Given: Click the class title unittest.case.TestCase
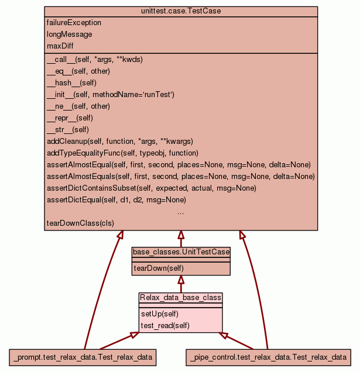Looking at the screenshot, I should click(x=181, y=12).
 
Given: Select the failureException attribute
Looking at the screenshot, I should click(x=74, y=23).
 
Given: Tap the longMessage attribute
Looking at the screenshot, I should click(x=69, y=35).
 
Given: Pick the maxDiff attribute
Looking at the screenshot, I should click(x=60, y=46).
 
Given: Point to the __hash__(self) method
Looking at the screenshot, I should click(x=71, y=83).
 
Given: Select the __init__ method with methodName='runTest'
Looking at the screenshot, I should click(x=111, y=95).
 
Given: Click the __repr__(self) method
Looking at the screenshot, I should click(x=70, y=118).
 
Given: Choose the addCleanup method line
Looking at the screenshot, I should click(x=119, y=142).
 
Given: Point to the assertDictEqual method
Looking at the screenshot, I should click(x=116, y=200).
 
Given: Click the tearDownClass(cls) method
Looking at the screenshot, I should click(x=80, y=223).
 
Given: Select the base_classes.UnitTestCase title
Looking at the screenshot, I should click(x=181, y=252).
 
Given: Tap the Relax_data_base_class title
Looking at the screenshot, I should click(x=180, y=298).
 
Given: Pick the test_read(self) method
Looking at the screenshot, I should click(x=166, y=325).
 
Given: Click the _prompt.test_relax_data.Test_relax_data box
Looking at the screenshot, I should click(x=83, y=357).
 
